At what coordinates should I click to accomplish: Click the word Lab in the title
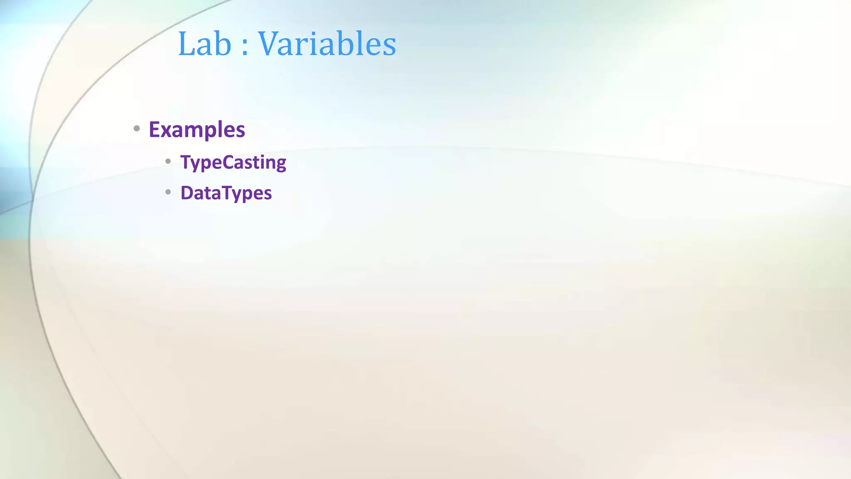pos(204,44)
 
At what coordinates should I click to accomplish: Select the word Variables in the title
pos(327,44)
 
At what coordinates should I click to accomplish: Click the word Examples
pos(197,130)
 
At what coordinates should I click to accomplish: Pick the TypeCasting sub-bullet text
pos(233,162)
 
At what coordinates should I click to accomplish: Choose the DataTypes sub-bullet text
pos(226,193)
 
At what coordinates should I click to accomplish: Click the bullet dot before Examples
pos(137,129)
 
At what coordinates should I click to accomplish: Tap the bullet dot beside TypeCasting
pos(168,161)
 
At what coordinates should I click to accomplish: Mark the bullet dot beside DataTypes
pos(168,192)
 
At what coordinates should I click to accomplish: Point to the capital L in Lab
pos(186,44)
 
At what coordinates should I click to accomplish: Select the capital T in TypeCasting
pos(185,162)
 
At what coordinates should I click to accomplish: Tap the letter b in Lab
pos(223,44)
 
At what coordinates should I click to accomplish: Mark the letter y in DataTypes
pos(236,195)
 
